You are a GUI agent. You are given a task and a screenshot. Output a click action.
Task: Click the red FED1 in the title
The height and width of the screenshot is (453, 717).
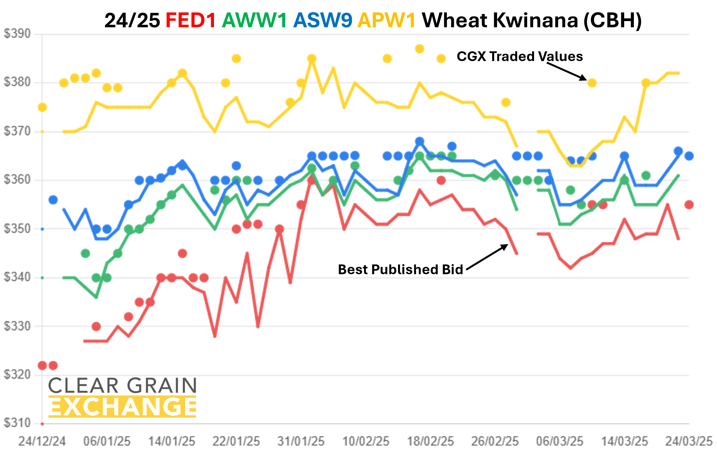pos(191,20)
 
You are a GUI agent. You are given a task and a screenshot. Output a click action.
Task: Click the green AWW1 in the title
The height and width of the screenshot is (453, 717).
pos(254,20)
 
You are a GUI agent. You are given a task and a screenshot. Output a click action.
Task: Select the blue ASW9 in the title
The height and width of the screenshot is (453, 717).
pos(322,20)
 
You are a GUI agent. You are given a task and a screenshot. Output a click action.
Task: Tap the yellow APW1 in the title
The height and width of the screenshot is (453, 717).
pos(386,20)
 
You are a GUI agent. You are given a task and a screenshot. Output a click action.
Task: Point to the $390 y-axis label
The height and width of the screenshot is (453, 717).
pos(17,34)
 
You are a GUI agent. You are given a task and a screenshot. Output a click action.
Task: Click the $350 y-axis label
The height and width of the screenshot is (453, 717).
pos(17,229)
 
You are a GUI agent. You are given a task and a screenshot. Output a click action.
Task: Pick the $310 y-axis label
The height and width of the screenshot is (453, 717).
pos(17,423)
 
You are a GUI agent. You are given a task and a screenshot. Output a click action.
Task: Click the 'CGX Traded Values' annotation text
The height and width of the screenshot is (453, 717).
pos(519,56)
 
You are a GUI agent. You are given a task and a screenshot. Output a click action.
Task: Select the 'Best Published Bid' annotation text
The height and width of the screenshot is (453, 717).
pos(400,269)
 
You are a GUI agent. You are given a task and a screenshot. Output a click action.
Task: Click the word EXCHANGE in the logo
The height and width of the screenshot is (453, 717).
pos(122,407)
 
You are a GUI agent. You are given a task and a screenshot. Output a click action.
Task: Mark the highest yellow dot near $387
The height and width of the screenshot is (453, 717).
pos(420,49)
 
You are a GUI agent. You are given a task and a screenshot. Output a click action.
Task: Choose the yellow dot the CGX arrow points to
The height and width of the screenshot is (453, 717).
pos(592,83)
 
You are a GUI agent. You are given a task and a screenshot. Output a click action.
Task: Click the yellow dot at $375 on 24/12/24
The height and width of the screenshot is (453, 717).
pos(42,107)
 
